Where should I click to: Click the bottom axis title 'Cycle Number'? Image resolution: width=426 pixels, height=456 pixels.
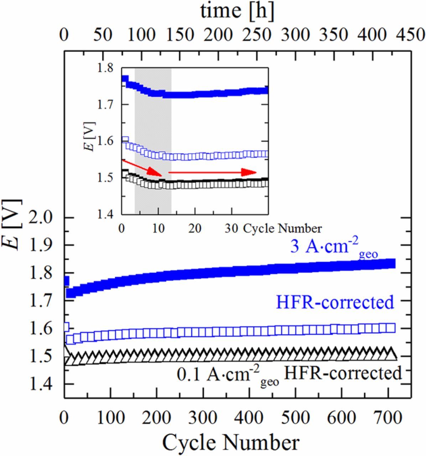230,443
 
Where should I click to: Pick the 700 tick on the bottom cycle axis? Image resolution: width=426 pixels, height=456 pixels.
386,417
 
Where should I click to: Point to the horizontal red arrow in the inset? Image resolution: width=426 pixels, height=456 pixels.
212,172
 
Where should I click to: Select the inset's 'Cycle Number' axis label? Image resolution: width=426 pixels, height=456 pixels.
282,228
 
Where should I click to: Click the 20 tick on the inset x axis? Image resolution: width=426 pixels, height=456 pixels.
194,228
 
